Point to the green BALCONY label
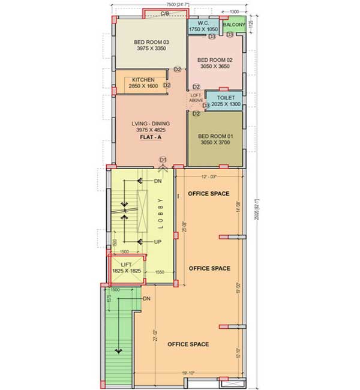[234, 25]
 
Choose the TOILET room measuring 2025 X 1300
[224, 100]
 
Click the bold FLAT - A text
[150, 137]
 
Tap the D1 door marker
[162, 159]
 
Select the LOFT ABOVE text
[196, 97]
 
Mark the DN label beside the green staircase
[146, 298]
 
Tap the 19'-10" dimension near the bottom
[188, 373]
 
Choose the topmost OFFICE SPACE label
[208, 194]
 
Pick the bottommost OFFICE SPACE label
[188, 344]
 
